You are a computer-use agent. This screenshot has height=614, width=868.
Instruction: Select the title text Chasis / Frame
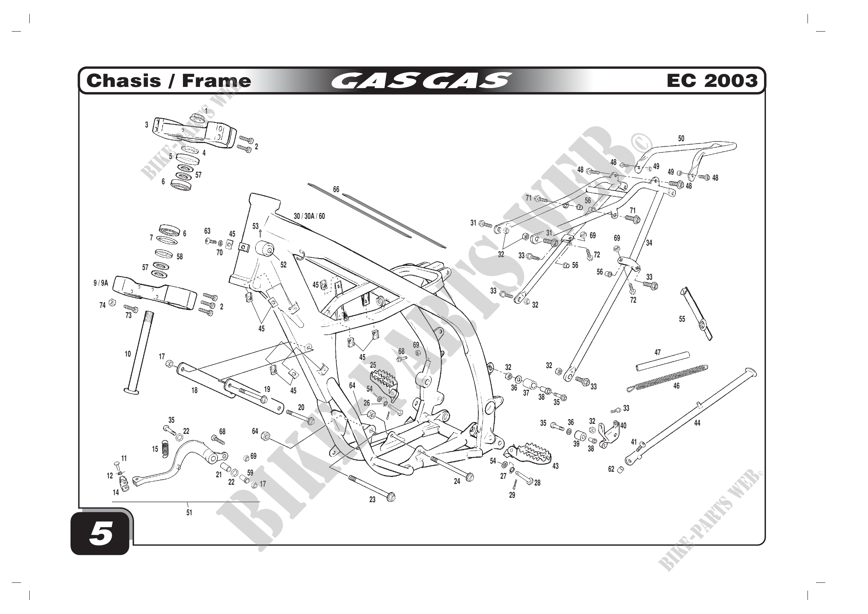(x=168, y=81)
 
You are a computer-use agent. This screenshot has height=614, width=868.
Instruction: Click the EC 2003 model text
(x=712, y=81)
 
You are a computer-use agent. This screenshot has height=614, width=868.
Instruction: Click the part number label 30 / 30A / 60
(x=309, y=217)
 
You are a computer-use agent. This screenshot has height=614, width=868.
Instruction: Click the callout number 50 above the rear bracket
(x=681, y=139)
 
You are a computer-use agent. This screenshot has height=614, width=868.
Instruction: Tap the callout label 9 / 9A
(x=101, y=283)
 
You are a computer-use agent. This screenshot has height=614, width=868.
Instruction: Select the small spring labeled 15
(x=164, y=448)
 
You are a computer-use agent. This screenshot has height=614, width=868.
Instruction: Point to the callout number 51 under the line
(x=189, y=513)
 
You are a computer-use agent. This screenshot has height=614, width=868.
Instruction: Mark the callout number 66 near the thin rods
(x=336, y=189)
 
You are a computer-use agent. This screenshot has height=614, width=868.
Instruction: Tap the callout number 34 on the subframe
(x=649, y=243)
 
